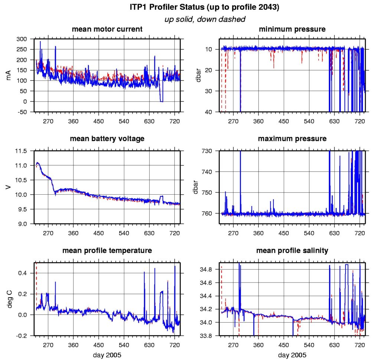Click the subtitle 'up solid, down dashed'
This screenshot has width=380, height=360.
coord(205,19)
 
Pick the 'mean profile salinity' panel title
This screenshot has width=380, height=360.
coord(292,251)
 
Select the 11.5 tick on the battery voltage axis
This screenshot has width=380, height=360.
coord(25,151)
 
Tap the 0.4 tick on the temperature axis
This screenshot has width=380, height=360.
coord(27,273)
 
